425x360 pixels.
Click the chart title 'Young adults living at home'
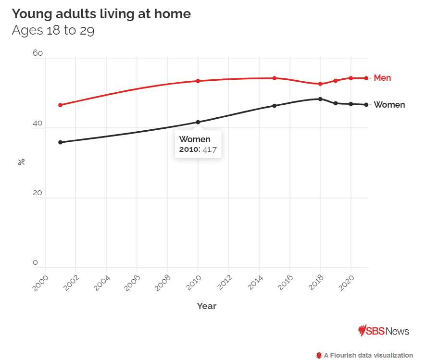click(x=101, y=14)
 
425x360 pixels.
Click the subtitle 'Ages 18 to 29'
click(x=53, y=31)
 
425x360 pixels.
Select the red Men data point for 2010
click(x=198, y=81)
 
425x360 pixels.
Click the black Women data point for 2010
click(x=198, y=122)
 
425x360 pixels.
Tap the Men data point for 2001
click(x=60, y=105)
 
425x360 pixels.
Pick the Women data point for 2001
click(x=60, y=142)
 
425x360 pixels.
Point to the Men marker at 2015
click(x=275, y=78)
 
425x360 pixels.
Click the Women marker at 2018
click(x=320, y=99)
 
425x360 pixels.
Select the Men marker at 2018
click(x=320, y=84)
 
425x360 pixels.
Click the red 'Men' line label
click(x=382, y=78)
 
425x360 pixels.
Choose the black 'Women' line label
click(x=389, y=105)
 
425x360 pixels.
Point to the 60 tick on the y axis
click(x=37, y=53)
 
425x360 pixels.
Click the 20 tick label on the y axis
click(x=37, y=193)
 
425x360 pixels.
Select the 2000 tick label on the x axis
click(x=40, y=284)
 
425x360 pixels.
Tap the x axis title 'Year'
click(x=207, y=306)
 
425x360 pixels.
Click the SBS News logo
click(x=384, y=331)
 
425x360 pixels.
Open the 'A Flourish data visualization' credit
click(x=364, y=355)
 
